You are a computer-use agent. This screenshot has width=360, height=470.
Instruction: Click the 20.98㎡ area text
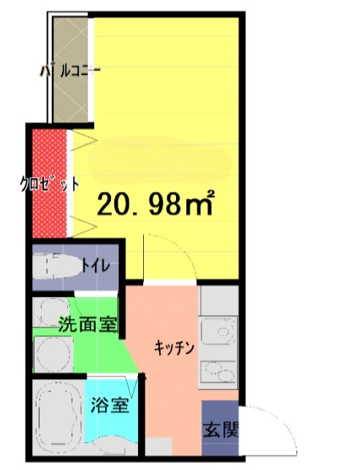tap(155, 204)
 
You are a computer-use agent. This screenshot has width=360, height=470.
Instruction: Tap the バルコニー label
tap(70, 72)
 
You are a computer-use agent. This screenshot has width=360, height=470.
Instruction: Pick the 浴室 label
tap(110, 405)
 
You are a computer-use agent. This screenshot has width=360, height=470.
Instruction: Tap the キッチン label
tap(173, 348)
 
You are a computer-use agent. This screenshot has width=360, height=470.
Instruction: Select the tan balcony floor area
tap(71, 102)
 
